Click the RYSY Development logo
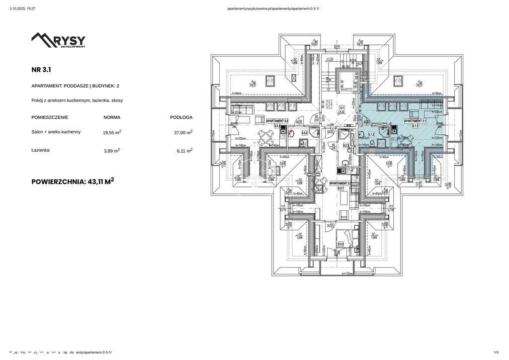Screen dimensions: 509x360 click(59, 40)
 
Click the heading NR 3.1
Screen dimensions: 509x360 click(41, 70)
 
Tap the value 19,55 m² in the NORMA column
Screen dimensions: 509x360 click(112, 133)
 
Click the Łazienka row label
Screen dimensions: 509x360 click(40, 150)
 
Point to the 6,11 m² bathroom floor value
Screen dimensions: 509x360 click(182, 150)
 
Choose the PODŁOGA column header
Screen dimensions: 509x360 click(181, 117)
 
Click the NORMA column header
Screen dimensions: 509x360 click(111, 117)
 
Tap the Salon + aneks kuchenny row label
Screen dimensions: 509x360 click(56, 132)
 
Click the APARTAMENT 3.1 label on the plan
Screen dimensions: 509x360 click(415, 121)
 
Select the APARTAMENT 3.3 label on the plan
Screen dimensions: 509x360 click(277, 121)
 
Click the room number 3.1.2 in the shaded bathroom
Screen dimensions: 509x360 click(371, 134)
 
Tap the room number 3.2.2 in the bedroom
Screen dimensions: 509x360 click(341, 244)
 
